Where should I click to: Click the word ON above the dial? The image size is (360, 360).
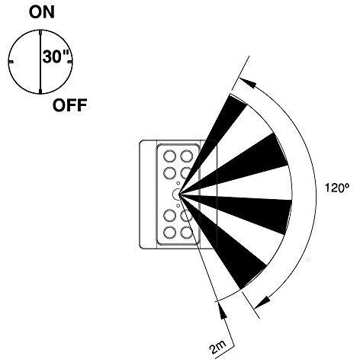point(42,13)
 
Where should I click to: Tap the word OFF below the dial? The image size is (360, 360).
point(70,105)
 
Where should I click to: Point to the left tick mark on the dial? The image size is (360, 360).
point(11,62)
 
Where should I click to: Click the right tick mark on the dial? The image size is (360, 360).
point(69,62)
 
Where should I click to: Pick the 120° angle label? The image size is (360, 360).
point(337,188)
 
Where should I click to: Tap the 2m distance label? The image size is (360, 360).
point(218,348)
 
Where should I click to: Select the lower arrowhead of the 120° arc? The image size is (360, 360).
point(262,302)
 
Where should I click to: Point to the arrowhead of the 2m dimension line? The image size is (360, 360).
point(222,310)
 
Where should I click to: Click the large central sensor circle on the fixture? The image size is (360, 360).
point(176,194)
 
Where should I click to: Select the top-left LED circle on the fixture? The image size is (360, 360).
point(169,156)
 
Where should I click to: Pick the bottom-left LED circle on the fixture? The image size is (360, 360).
point(169,233)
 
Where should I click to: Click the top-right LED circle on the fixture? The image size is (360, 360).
point(187,156)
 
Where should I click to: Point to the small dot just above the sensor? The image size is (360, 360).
point(178,183)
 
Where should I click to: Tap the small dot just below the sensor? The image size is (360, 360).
point(178,205)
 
